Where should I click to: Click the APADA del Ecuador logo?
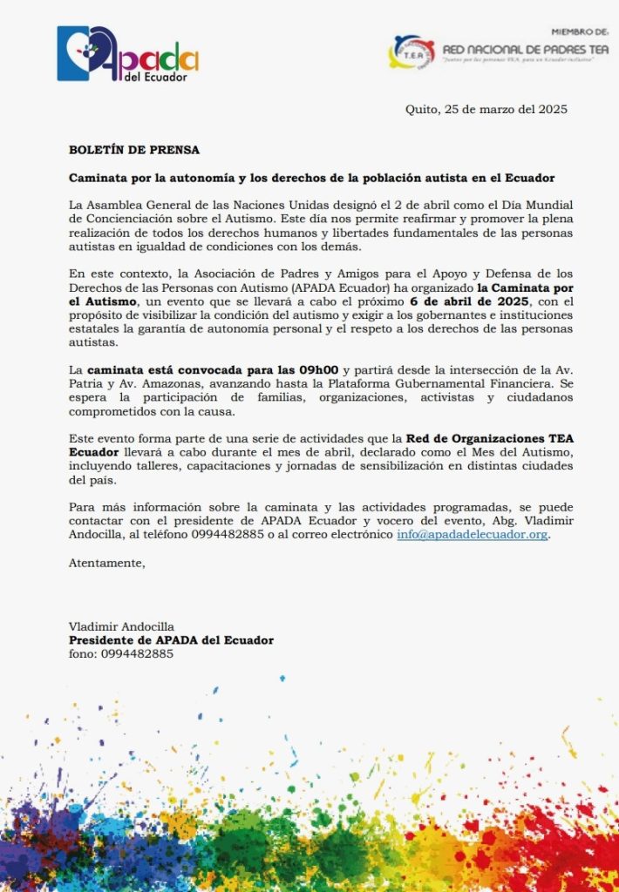127,55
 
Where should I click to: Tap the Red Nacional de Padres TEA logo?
499,53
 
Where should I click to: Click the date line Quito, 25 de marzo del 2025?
486,109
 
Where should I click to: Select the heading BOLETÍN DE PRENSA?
134,150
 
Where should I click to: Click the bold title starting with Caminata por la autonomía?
311,178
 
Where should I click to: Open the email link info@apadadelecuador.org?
473,535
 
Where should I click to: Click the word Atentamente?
107,563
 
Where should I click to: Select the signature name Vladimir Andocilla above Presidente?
121,626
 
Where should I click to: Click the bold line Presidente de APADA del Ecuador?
171,640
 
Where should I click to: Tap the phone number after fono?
137,653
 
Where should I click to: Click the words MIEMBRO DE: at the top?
580,30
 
